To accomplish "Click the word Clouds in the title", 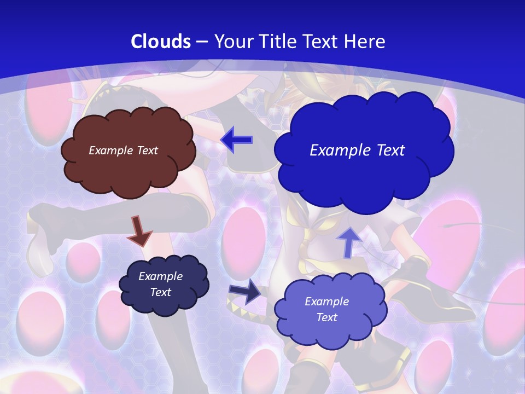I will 161,42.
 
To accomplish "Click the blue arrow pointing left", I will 236,140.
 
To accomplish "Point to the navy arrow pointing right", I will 245,292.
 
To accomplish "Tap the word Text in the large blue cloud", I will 387,150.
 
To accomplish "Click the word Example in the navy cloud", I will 160,277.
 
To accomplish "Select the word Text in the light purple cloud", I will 326,317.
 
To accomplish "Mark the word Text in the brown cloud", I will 147,150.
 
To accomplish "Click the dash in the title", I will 201,42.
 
